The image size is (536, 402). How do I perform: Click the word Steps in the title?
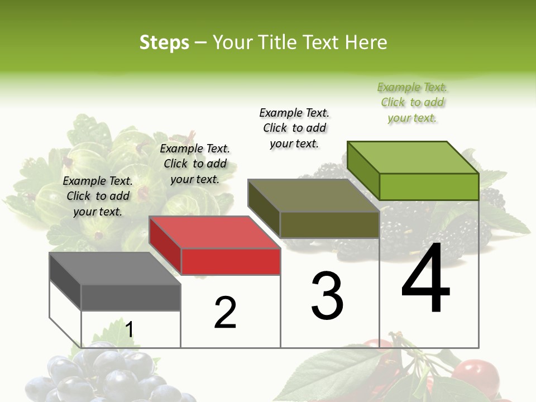[x=164, y=42]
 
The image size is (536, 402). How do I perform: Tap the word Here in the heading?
[x=366, y=42]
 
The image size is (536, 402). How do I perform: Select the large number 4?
[x=425, y=279]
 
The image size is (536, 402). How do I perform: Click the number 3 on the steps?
[x=327, y=295]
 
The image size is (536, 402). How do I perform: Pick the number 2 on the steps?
[x=225, y=312]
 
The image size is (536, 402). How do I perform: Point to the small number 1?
[x=129, y=329]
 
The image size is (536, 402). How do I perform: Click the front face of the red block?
[x=231, y=261]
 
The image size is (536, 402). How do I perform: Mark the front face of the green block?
[x=429, y=186]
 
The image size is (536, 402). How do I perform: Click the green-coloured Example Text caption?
[x=413, y=103]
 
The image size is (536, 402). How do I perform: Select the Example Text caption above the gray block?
[x=98, y=197]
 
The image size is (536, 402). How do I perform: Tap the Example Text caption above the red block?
[x=195, y=164]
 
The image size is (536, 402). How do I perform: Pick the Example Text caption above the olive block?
[x=294, y=128]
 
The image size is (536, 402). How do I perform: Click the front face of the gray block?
[x=131, y=298]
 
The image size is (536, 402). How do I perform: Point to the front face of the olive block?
[x=329, y=224]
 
